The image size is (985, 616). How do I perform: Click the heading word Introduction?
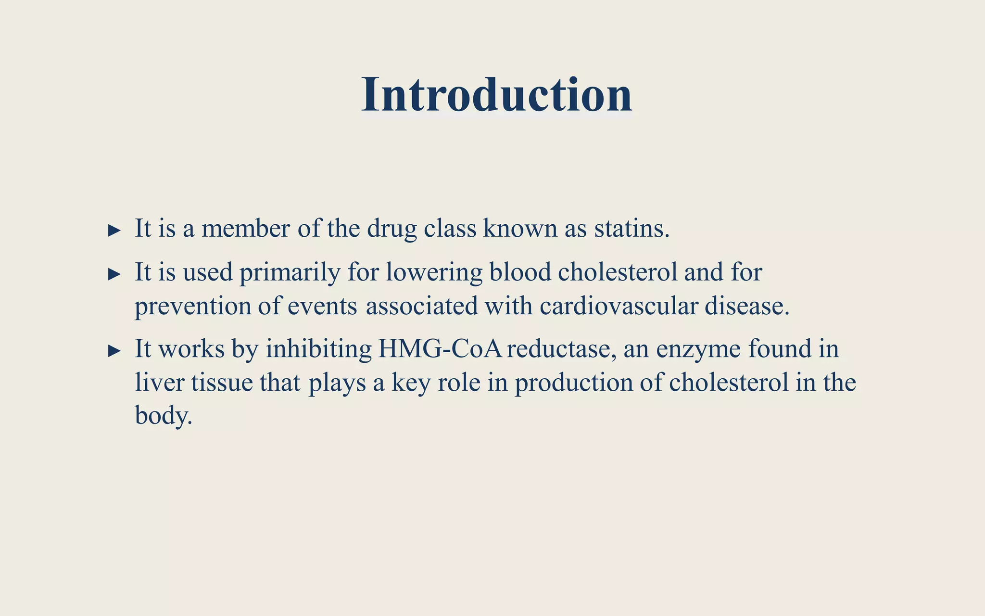[496, 95]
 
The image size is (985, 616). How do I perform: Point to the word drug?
[391, 229]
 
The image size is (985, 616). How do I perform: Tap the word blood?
[520, 272]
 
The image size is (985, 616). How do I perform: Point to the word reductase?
[561, 349]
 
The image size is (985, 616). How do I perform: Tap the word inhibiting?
[319, 349]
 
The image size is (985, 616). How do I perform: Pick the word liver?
[160, 383]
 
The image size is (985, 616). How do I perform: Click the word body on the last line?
[163, 415]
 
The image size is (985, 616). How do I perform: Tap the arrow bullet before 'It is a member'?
[114, 231]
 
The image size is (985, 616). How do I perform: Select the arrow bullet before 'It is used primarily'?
[114, 274]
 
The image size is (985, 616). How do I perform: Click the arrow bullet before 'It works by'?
[114, 351]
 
